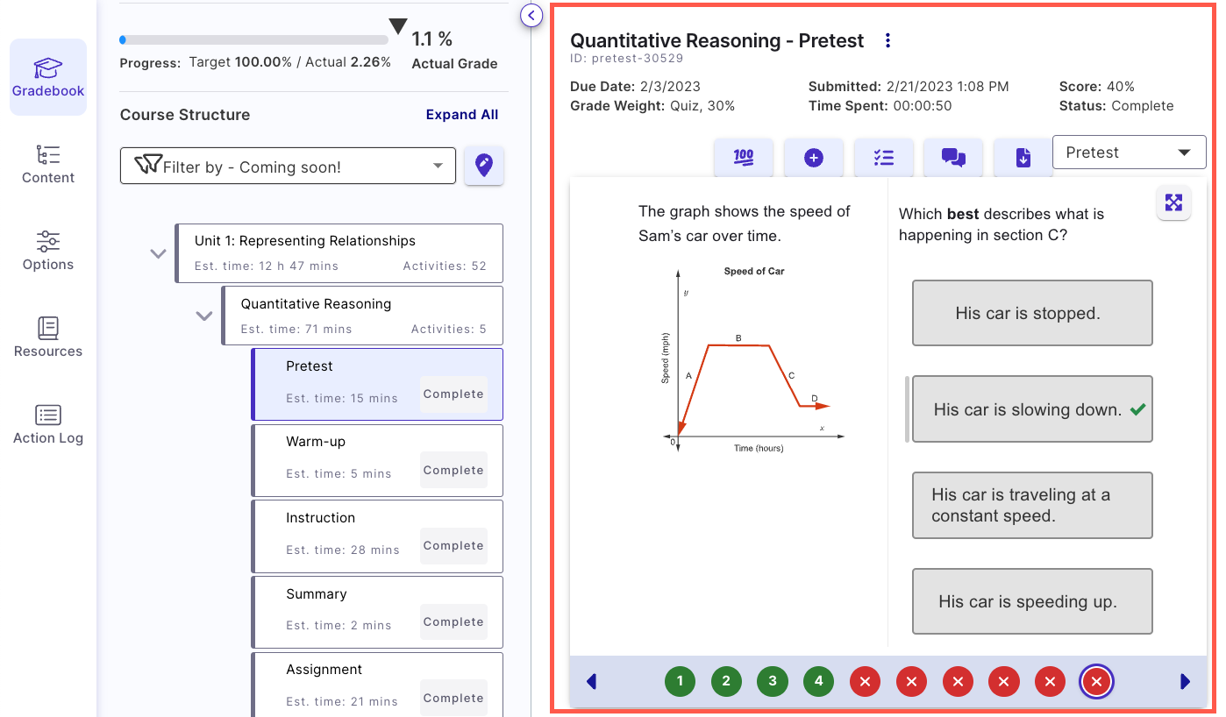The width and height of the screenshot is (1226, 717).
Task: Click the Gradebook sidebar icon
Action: (48, 77)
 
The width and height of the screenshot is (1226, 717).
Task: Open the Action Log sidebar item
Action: (48, 425)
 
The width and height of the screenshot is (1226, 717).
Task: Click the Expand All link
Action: (462, 115)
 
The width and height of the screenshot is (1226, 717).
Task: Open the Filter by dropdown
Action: (288, 167)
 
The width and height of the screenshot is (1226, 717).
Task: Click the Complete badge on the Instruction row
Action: (453, 546)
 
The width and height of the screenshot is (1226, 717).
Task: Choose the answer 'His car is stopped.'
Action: (1031, 313)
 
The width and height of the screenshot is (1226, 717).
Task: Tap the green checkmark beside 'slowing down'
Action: (1138, 409)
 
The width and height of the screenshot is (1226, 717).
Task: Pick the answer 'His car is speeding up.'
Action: (1031, 601)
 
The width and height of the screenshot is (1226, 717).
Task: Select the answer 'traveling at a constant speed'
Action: (1031, 505)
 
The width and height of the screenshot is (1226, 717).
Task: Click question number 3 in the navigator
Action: (772, 681)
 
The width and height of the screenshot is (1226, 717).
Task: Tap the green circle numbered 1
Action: (680, 681)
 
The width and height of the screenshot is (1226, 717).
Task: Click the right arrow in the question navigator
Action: (1186, 681)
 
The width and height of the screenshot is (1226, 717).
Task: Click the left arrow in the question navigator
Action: (591, 681)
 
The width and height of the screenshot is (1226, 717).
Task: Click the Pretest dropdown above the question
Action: (1129, 153)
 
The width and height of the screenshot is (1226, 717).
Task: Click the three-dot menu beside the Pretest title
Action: (887, 40)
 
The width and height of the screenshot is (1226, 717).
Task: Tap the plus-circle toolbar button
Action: (813, 158)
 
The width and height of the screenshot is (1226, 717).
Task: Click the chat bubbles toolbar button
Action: (953, 158)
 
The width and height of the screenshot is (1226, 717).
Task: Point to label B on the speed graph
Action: (738, 338)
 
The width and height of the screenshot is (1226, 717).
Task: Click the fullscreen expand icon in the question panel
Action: (1173, 203)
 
